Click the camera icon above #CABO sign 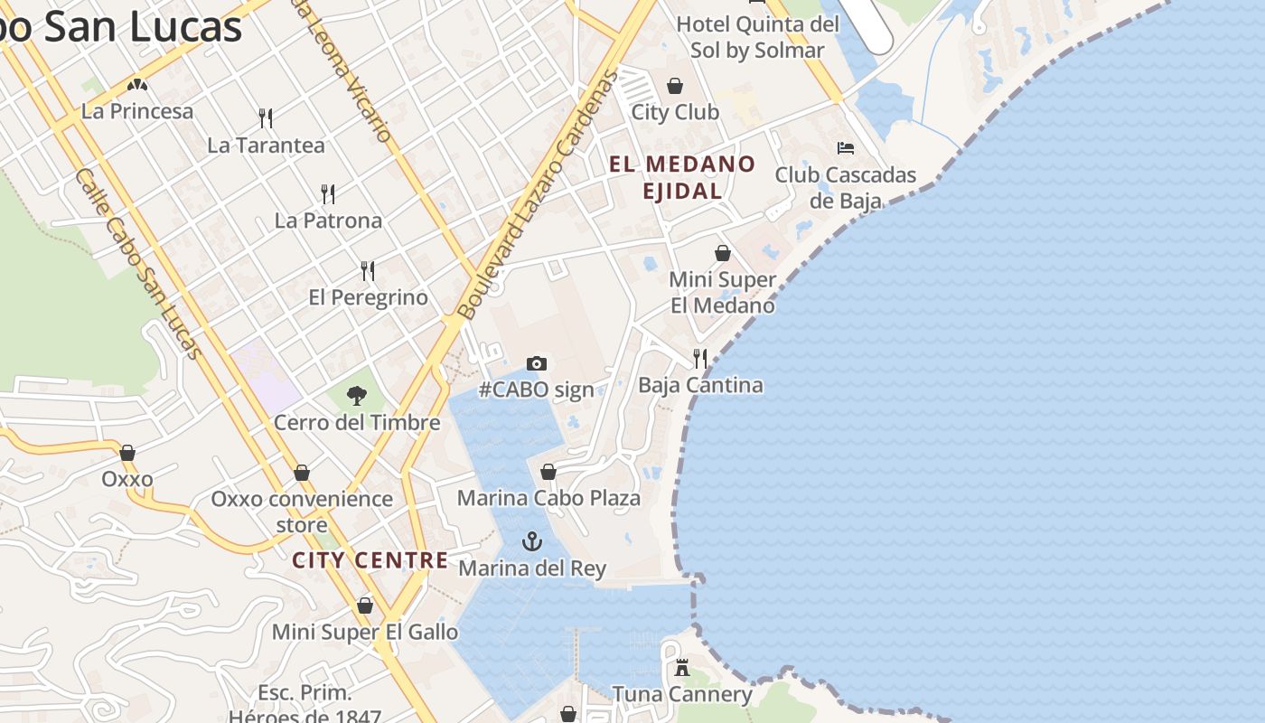(537, 363)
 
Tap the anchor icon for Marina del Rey (532, 541)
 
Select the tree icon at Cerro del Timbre (357, 395)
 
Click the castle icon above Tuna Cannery (682, 668)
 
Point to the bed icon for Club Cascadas (846, 147)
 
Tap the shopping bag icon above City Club (675, 86)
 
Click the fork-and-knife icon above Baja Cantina (700, 358)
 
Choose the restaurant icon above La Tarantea (266, 117)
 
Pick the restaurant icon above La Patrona (328, 193)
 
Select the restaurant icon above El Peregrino (368, 270)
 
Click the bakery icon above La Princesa (137, 85)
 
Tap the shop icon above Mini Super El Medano (723, 253)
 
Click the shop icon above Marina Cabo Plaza (548, 472)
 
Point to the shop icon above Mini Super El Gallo (365, 606)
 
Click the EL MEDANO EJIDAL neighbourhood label (682, 177)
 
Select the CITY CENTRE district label (370, 560)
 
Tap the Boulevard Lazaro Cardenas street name (537, 195)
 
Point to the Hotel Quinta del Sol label (757, 37)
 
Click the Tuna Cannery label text (682, 694)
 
